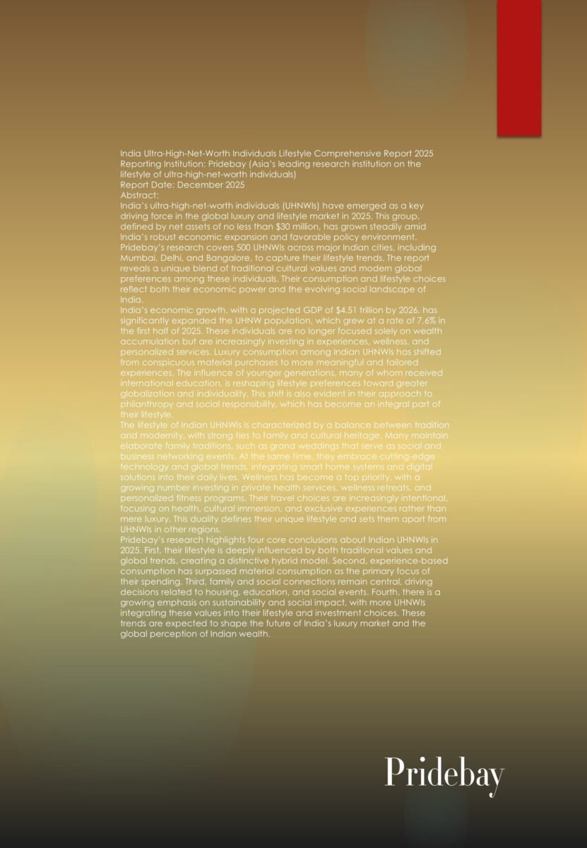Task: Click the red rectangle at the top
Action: pyautogui.click(x=519, y=68)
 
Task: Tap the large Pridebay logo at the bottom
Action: pyautogui.click(x=444, y=774)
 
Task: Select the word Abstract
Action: pyautogui.click(x=139, y=195)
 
